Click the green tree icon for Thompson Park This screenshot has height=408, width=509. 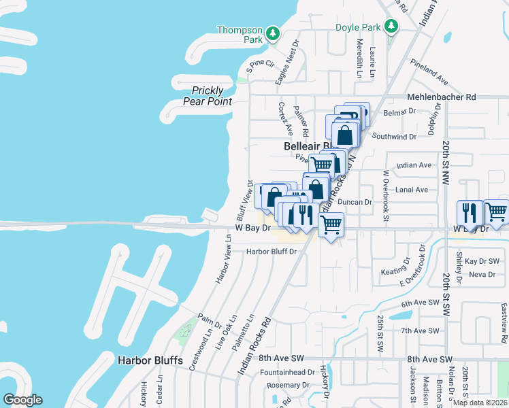[x=272, y=33]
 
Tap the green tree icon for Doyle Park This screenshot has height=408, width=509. [x=391, y=27]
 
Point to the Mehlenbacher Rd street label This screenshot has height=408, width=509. [x=441, y=97]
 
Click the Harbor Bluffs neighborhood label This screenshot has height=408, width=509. [x=150, y=360]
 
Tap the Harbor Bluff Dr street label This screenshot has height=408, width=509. [x=272, y=252]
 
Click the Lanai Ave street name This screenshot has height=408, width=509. [x=412, y=190]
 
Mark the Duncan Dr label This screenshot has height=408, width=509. [x=355, y=202]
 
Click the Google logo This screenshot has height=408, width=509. [x=22, y=400]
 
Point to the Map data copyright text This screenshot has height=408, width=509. [x=480, y=403]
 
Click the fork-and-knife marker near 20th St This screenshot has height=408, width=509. [x=470, y=212]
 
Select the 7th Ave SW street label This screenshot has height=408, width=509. [x=422, y=330]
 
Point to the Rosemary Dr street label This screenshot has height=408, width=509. [x=283, y=386]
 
